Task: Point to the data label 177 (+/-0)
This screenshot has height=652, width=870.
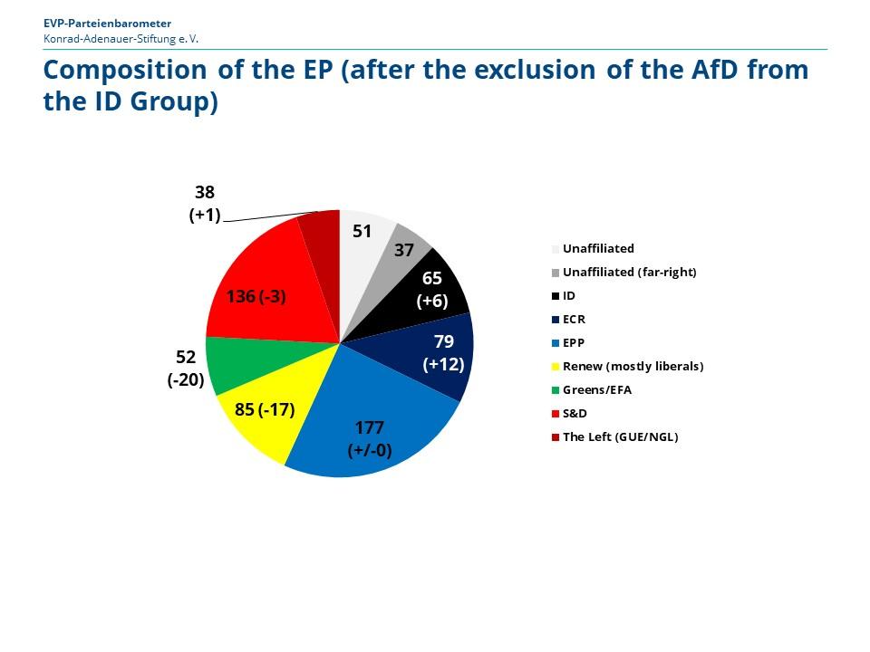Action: click(x=370, y=439)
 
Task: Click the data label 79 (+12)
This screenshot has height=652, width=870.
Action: click(x=444, y=352)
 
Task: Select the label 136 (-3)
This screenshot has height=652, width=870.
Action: click(x=256, y=296)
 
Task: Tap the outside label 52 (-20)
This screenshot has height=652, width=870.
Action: click(x=185, y=369)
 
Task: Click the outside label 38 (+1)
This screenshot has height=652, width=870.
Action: click(x=205, y=203)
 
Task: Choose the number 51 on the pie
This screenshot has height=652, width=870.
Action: click(x=362, y=231)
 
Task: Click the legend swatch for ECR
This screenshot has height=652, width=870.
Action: click(x=556, y=319)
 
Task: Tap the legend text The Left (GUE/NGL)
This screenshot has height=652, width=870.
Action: click(x=620, y=436)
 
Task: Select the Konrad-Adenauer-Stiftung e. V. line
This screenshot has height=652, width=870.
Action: click(x=121, y=39)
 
